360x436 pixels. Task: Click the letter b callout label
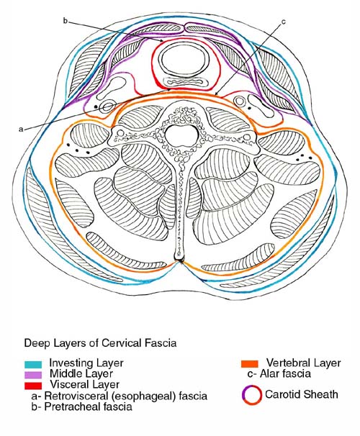tap(66, 21)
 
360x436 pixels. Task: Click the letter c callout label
tap(284, 22)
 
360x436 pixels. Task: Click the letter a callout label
tap(21, 130)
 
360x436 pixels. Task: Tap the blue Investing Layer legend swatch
tap(33, 364)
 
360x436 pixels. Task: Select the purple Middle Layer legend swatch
tap(33, 375)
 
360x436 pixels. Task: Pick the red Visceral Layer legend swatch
tap(33, 386)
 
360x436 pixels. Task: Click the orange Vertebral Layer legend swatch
tap(250, 364)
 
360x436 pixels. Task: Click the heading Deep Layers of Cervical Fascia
tap(100, 343)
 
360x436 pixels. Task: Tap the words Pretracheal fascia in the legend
tap(88, 407)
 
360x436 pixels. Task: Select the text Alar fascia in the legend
tap(285, 373)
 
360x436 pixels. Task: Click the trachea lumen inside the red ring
tap(184, 60)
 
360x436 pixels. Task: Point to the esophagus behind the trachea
tap(185, 83)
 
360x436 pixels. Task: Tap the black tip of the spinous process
tap(179, 260)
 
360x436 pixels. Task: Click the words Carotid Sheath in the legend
tap(302, 394)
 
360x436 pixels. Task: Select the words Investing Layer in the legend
tap(86, 363)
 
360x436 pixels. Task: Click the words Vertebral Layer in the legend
tap(304, 363)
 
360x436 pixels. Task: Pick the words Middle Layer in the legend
tap(81, 373)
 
